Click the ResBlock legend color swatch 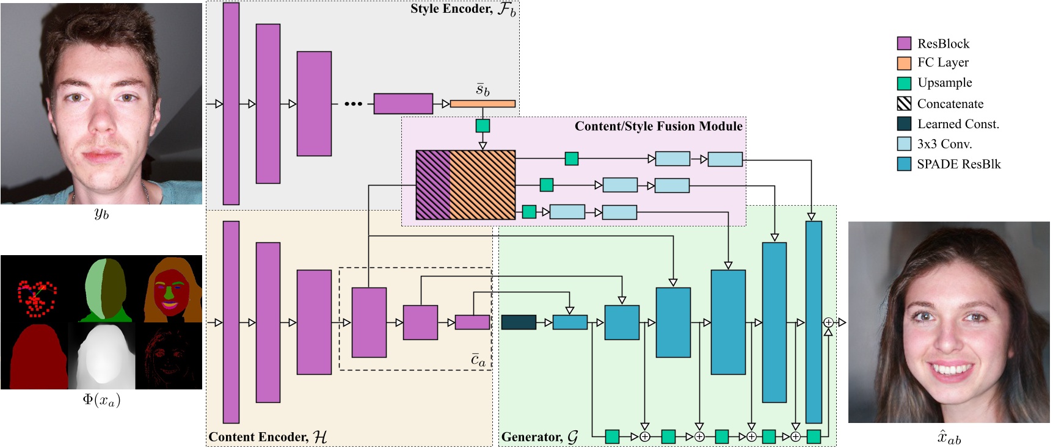coord(904,43)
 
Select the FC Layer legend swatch coord(904,63)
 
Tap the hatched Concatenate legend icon coord(904,104)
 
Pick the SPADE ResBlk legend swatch coord(904,164)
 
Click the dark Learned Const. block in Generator coord(519,322)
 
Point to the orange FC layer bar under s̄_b coord(483,104)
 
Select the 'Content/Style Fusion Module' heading coord(658,126)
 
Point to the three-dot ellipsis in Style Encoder coord(353,104)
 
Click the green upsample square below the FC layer coord(483,126)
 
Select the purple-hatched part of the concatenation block coord(432,185)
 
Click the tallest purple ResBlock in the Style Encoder coord(231,104)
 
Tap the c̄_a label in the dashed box coord(478,360)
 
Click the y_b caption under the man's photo coord(101,214)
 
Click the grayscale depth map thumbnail coord(101,356)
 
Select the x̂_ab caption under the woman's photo coord(949,438)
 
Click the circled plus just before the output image coord(828,322)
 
